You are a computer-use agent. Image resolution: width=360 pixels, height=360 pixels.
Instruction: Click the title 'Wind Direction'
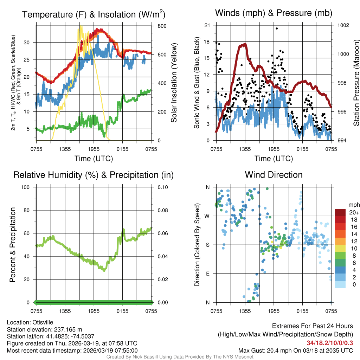click(x=274, y=175)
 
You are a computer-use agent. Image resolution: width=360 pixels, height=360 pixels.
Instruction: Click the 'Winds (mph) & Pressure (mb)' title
click(x=274, y=13)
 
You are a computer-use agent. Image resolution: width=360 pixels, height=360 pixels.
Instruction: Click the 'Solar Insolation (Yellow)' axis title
click(x=174, y=83)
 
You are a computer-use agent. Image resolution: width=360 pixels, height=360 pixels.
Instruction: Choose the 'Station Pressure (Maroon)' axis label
click(x=356, y=83)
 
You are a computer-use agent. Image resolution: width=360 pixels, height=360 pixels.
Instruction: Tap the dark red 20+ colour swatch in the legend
click(x=340, y=212)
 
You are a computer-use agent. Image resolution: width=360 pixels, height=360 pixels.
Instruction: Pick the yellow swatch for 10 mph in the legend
click(x=340, y=248)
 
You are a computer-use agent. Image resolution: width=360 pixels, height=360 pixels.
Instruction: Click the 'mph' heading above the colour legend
click(x=353, y=205)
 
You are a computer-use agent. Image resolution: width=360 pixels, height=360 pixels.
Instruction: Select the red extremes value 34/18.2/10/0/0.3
click(x=330, y=343)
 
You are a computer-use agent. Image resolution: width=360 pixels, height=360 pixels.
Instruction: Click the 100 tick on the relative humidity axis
click(x=27, y=187)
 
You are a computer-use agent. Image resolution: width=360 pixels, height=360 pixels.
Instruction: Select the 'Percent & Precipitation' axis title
click(x=13, y=245)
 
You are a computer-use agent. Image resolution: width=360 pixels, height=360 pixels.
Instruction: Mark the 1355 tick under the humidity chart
click(x=65, y=311)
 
